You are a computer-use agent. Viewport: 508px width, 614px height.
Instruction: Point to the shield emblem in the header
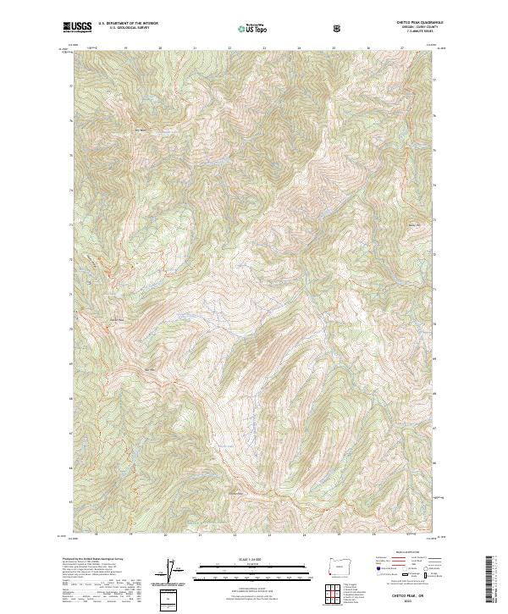pyautogui.click(x=340, y=28)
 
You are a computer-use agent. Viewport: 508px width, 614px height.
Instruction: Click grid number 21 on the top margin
pyautogui.click(x=195, y=48)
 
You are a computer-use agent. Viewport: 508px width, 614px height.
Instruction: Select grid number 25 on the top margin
pyautogui.click(x=334, y=48)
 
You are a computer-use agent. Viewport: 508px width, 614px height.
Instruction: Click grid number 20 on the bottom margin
pyautogui.click(x=165, y=535)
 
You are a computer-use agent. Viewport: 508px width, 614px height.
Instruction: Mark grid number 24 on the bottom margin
pyautogui.click(x=304, y=535)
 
